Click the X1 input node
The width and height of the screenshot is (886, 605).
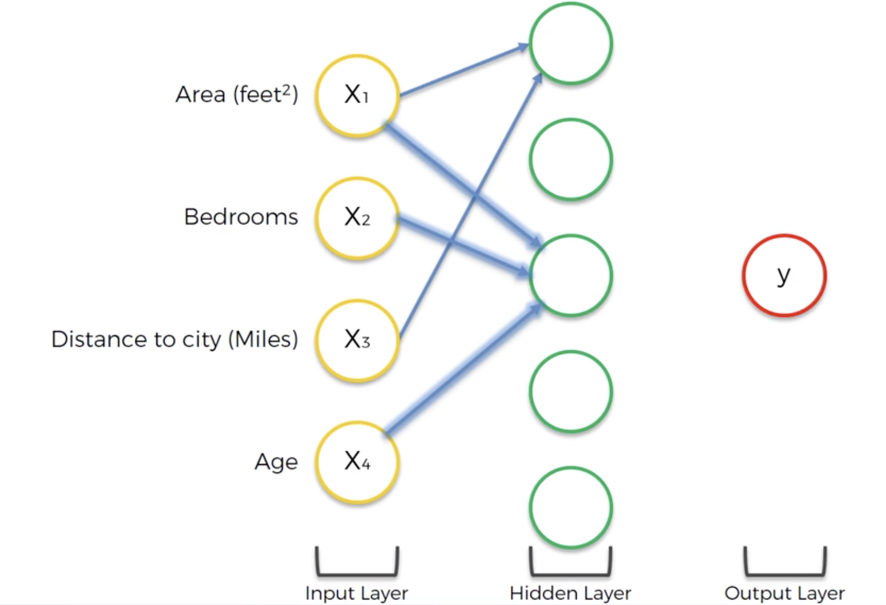pyautogui.click(x=357, y=95)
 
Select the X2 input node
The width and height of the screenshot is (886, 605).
pyautogui.click(x=357, y=218)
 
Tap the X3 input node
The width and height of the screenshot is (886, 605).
pyautogui.click(x=357, y=340)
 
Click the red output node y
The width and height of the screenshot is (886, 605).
pyautogui.click(x=784, y=275)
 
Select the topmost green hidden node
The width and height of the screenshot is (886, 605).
pyautogui.click(x=571, y=43)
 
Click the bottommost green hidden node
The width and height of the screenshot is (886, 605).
pyautogui.click(x=571, y=508)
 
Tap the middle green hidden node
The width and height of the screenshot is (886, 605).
pyautogui.click(x=571, y=275)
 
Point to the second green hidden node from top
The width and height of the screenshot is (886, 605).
pyautogui.click(x=571, y=159)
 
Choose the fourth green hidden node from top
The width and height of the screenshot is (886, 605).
pyautogui.click(x=571, y=391)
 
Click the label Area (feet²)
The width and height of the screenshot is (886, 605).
pyautogui.click(x=237, y=94)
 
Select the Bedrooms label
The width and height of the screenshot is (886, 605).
pyautogui.click(x=241, y=217)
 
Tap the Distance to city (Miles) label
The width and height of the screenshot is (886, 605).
pyautogui.click(x=174, y=339)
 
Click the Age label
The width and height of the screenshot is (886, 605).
pyautogui.click(x=276, y=462)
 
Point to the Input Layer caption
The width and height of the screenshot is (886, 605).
pyautogui.click(x=357, y=593)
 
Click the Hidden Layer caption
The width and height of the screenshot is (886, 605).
pyautogui.click(x=570, y=593)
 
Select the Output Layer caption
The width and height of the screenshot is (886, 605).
pyautogui.click(x=785, y=593)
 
